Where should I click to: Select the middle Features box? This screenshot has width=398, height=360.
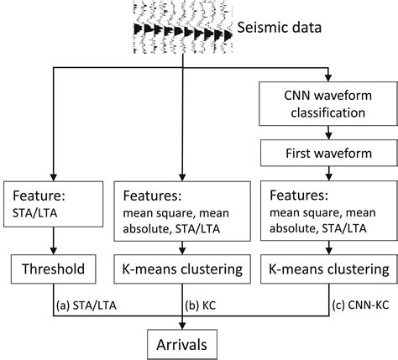[181, 209]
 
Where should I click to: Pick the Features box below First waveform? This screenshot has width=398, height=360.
[327, 209]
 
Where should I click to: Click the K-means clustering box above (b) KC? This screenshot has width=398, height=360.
[181, 269]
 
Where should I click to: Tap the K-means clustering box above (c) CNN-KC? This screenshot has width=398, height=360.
[327, 269]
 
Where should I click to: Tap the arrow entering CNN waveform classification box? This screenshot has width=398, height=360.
[327, 76]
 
